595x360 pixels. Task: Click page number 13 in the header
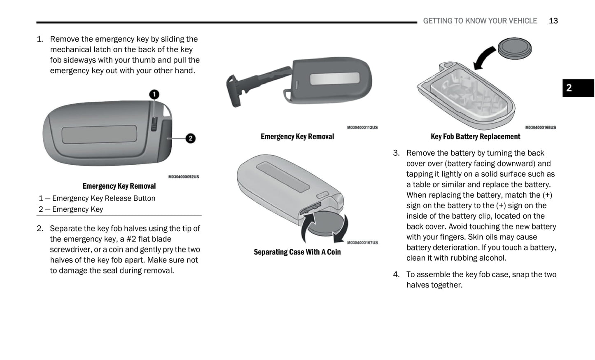[x=553, y=21]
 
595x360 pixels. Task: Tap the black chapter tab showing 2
[x=578, y=88]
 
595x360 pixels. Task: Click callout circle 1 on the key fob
[x=154, y=95]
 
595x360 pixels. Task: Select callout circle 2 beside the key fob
[x=190, y=138]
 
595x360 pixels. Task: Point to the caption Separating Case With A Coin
[x=297, y=252]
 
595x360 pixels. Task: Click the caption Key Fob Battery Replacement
[x=475, y=137]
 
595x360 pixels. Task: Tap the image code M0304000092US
[x=184, y=177]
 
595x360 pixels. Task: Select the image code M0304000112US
[x=362, y=128]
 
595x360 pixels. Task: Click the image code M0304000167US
[x=362, y=243]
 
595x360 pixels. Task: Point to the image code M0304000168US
[x=540, y=128]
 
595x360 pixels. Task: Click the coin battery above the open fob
[x=514, y=48]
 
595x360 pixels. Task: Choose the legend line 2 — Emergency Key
[x=71, y=209]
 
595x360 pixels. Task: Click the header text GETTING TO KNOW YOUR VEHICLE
[x=480, y=21]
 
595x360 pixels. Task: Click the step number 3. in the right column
[x=396, y=153]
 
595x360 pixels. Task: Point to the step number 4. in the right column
[x=396, y=275]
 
